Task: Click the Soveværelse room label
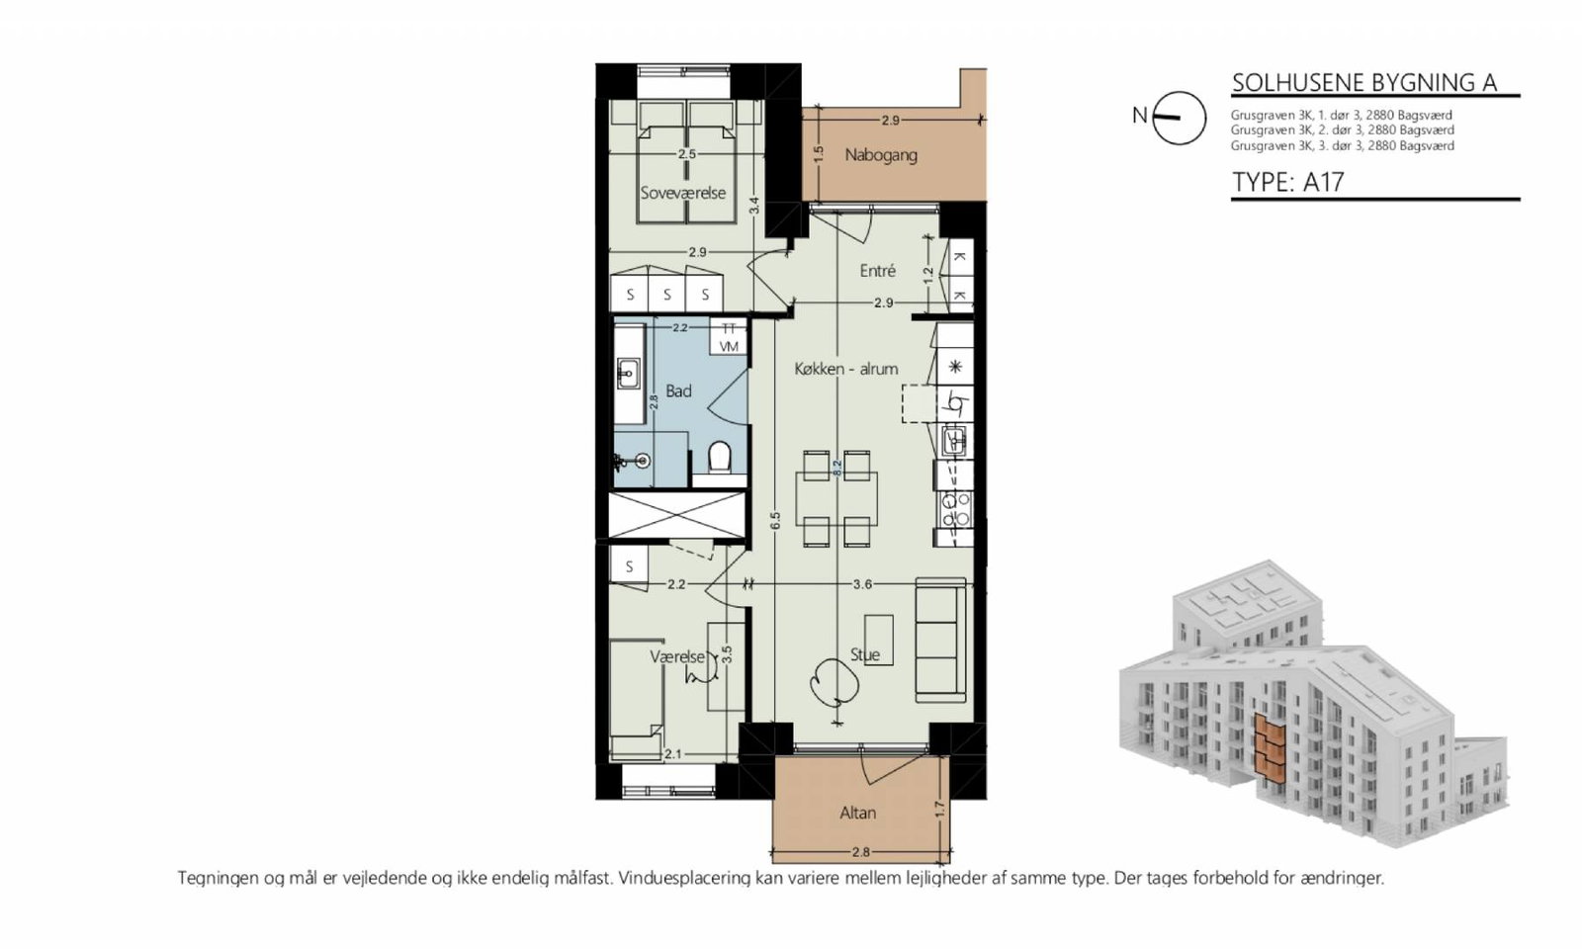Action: click(683, 193)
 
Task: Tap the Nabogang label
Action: click(881, 154)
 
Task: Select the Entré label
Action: click(877, 271)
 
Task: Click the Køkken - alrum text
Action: click(846, 369)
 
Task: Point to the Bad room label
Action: click(678, 391)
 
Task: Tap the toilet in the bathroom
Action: click(720, 456)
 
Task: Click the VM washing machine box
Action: click(729, 346)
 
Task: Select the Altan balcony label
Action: click(857, 813)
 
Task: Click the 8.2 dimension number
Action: click(837, 468)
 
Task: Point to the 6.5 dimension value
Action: click(775, 520)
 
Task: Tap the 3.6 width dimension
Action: click(862, 584)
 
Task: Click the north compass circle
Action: click(1179, 118)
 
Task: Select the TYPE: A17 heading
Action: click(1288, 182)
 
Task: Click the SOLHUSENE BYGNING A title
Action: click(1364, 83)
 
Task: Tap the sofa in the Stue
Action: click(940, 640)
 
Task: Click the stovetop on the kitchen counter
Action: click(954, 510)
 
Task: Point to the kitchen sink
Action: click(957, 442)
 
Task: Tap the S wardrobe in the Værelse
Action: click(629, 566)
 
